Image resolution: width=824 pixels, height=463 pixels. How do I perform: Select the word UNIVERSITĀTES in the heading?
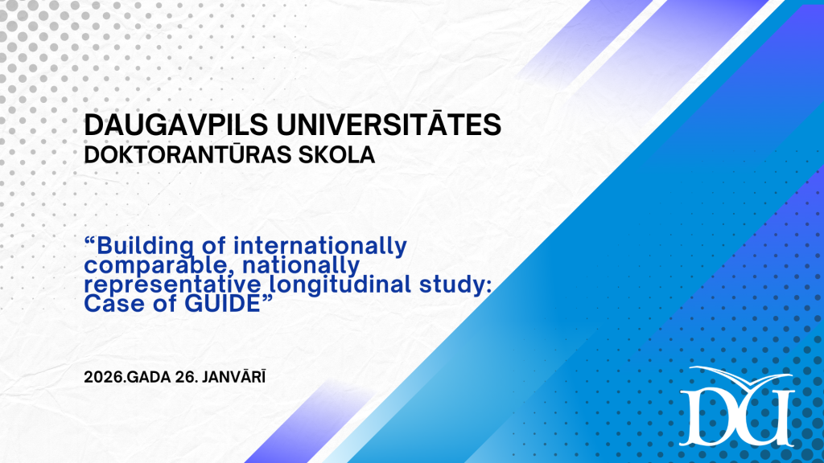[389, 124]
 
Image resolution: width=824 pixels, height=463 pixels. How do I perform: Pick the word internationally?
[320, 246]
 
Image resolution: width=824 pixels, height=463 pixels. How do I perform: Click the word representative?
[172, 285]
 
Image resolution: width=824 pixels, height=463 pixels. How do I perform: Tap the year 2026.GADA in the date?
[127, 377]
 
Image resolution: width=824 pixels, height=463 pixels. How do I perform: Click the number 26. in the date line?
[186, 377]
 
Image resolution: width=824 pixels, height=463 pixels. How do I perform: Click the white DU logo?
[736, 406]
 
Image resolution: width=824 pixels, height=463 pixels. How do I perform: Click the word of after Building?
[214, 246]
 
